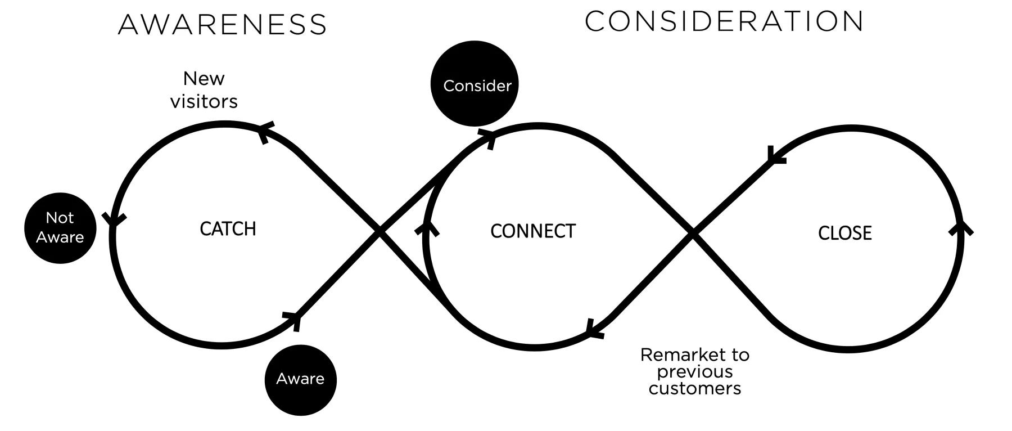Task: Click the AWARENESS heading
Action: pyautogui.click(x=223, y=25)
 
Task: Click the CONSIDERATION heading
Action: pyautogui.click(x=724, y=21)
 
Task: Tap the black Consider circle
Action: pyautogui.click(x=475, y=84)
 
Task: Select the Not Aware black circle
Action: pyautogui.click(x=60, y=228)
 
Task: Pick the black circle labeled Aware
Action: pyautogui.click(x=300, y=379)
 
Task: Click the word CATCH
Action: pyautogui.click(x=228, y=229)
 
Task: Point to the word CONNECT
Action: pyautogui.click(x=533, y=231)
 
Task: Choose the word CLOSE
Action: pyautogui.click(x=844, y=233)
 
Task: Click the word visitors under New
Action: pyautogui.click(x=204, y=102)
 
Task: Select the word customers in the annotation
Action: pyautogui.click(x=695, y=389)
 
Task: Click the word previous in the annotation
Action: pyautogui.click(x=695, y=372)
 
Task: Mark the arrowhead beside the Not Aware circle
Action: pyautogui.click(x=113, y=219)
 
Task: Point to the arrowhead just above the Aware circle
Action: pyautogui.click(x=293, y=320)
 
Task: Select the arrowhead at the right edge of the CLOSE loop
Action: pyautogui.click(x=961, y=228)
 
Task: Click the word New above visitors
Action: pyautogui.click(x=204, y=79)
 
